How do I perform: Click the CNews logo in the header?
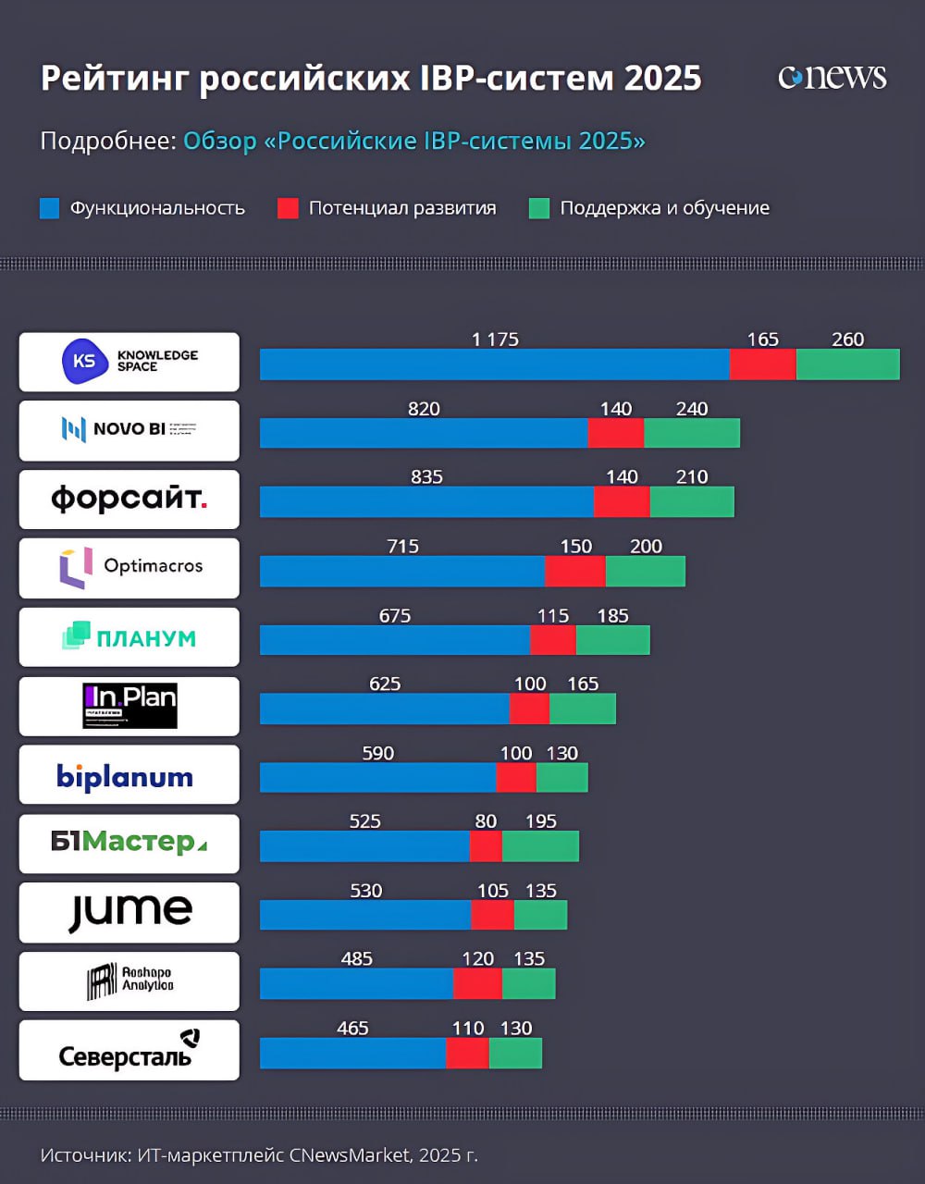click(832, 78)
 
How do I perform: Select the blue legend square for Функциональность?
click(50, 208)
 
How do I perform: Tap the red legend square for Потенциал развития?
click(288, 208)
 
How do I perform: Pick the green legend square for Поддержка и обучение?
click(538, 208)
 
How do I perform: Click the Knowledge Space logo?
click(129, 362)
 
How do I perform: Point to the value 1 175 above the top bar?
click(495, 339)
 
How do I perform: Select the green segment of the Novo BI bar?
click(691, 433)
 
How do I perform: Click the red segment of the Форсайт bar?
click(622, 501)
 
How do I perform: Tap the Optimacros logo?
click(129, 567)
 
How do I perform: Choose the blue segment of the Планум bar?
click(395, 640)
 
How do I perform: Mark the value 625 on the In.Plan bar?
click(385, 684)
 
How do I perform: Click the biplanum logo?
click(125, 775)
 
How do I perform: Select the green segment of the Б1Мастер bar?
click(540, 846)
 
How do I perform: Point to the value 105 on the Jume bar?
click(492, 891)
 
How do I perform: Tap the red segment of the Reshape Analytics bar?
click(477, 984)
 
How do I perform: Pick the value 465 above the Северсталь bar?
click(352, 1029)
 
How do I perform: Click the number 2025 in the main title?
click(662, 79)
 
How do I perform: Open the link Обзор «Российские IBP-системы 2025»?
click(413, 142)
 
